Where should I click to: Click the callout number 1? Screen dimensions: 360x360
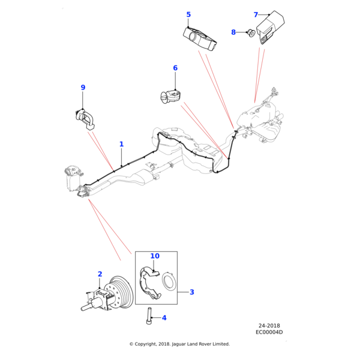121,144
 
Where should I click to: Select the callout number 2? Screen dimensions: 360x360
100,274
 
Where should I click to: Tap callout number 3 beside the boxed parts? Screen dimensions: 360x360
192,292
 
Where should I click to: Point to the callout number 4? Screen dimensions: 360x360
164,317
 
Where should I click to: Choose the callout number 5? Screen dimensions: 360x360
188,14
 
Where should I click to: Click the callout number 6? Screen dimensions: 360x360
175,68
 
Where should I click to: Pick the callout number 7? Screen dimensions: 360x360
256,14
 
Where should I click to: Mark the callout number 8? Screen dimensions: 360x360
233,32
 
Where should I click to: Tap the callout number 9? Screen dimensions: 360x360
83,88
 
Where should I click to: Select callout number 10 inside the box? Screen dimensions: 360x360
155,256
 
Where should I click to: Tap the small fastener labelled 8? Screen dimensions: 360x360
248,32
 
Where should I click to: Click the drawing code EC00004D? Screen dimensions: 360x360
269,332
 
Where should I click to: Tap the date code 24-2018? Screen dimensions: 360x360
269,326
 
